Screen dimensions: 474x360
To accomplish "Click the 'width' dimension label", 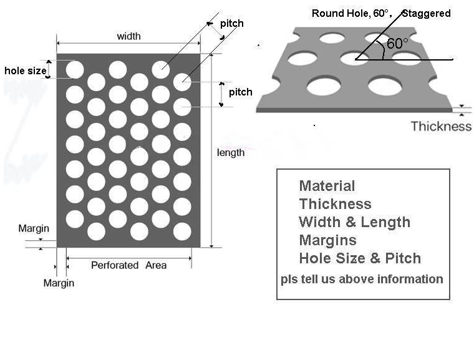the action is pos(128,36).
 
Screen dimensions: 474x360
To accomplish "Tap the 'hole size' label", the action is pos(26,71).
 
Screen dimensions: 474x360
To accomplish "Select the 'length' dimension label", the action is pos(231,153).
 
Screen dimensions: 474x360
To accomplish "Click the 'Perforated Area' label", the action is pos(128,265).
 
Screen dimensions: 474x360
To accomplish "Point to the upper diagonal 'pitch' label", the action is pos(232,23).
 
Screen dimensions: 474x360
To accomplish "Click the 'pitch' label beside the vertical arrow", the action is pos(240,92).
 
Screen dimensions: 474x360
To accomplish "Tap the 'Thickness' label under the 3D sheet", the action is pos(441,126).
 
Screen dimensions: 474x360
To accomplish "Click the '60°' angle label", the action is pos(397,44).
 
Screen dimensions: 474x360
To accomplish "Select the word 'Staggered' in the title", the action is pos(426,13).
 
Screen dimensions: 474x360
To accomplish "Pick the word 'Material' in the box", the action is pos(327,186).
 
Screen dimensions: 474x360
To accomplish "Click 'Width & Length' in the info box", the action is pos(355,222).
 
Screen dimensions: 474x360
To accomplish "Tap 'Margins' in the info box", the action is pos(327,240).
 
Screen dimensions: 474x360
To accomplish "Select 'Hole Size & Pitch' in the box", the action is pos(360,258).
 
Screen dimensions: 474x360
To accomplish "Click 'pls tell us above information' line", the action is pos(362,279).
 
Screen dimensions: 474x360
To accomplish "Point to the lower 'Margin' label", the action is pos(59,283).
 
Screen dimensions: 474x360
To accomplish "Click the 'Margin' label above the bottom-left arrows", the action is pos(34,228).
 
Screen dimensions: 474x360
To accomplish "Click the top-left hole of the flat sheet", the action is pos(75,70).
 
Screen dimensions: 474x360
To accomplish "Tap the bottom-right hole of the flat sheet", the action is pos(182,231).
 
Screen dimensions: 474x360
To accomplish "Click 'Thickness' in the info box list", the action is pos(336,204).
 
